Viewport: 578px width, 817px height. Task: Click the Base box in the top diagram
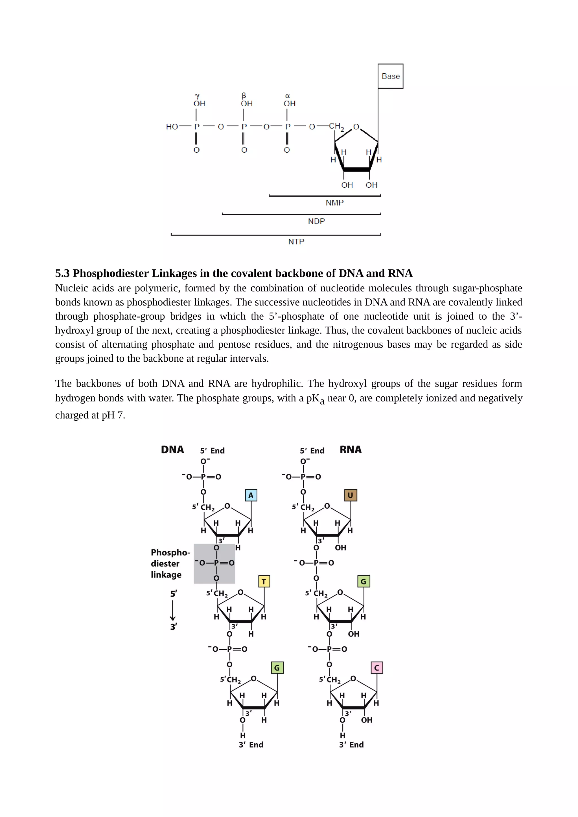[x=390, y=76]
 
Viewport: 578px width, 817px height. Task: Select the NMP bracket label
[x=334, y=203]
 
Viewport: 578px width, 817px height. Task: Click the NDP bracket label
[x=316, y=221]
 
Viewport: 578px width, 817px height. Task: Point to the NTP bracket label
[x=296, y=241]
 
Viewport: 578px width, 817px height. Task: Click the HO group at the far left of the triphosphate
[x=172, y=127]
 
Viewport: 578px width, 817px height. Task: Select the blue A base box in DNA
[x=251, y=495]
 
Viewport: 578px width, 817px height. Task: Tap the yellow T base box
[x=264, y=581]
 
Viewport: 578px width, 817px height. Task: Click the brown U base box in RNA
[x=351, y=495]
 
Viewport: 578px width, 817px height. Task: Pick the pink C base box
[x=376, y=667]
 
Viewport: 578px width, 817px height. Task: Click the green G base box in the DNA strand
[x=277, y=667]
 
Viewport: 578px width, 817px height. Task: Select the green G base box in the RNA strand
[x=364, y=581]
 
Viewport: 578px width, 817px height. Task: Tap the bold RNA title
[x=351, y=450]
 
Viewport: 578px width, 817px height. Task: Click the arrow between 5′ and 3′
[x=173, y=610]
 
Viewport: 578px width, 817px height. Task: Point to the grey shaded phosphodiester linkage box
[x=214, y=563]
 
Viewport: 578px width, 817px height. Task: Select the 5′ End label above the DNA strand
[x=212, y=451]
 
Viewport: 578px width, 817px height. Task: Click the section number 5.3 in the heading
[x=62, y=273]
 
